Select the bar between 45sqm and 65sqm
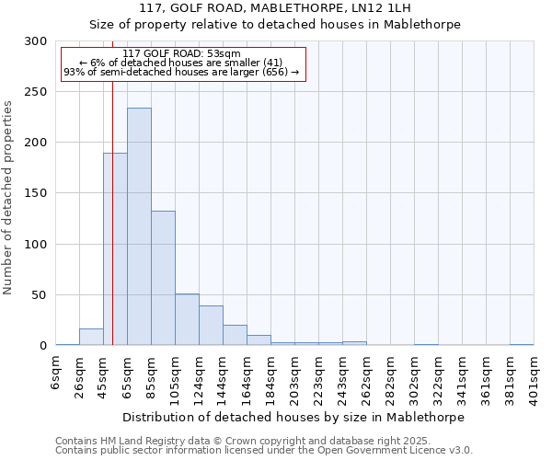click(115, 248)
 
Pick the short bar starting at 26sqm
click(91, 337)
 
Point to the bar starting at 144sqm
click(235, 335)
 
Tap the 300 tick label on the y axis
click(36, 41)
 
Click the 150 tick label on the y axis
click(36, 193)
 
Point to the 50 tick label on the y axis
click(40, 295)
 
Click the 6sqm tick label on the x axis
click(56, 374)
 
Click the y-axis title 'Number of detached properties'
click(9, 198)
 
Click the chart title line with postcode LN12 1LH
click(275, 9)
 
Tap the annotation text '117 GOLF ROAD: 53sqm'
click(181, 53)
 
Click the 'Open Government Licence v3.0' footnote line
click(264, 450)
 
